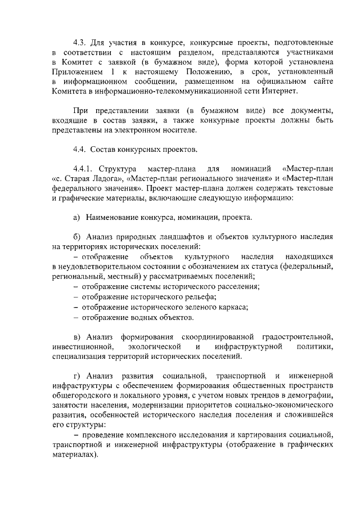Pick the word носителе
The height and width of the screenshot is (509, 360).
[181, 130]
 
